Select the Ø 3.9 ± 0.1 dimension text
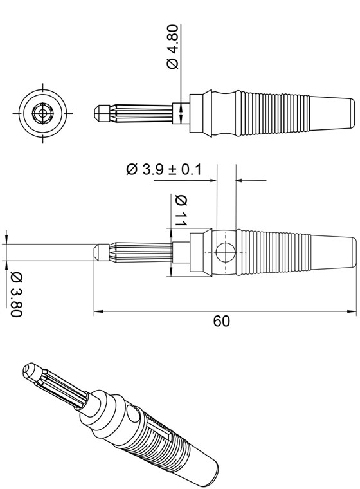(x=163, y=169)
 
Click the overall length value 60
(x=221, y=321)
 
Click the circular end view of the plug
(x=43, y=113)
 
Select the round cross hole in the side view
(x=226, y=252)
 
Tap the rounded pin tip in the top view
(x=97, y=113)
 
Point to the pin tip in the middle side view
(x=98, y=251)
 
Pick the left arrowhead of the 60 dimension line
(x=98, y=312)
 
